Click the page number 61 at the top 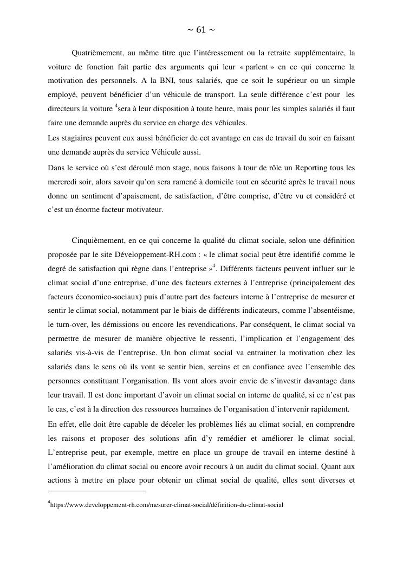pyautogui.click(x=201, y=30)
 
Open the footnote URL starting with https pyautogui.click(x=166, y=505)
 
